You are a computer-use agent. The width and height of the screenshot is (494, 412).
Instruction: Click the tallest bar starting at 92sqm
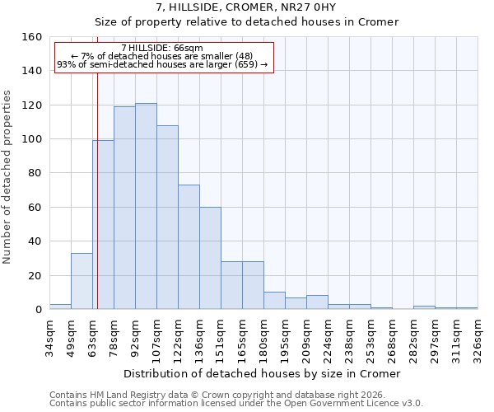pos(146,206)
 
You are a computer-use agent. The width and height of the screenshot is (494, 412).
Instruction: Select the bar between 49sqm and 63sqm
pos(82,281)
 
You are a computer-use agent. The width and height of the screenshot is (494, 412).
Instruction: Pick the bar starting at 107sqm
pos(167,218)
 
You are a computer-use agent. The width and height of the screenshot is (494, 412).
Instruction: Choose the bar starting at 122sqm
pos(189,247)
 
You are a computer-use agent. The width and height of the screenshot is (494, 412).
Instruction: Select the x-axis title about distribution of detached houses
pos(263,374)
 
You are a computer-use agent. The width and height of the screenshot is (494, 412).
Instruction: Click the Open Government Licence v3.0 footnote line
pos(236,404)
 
